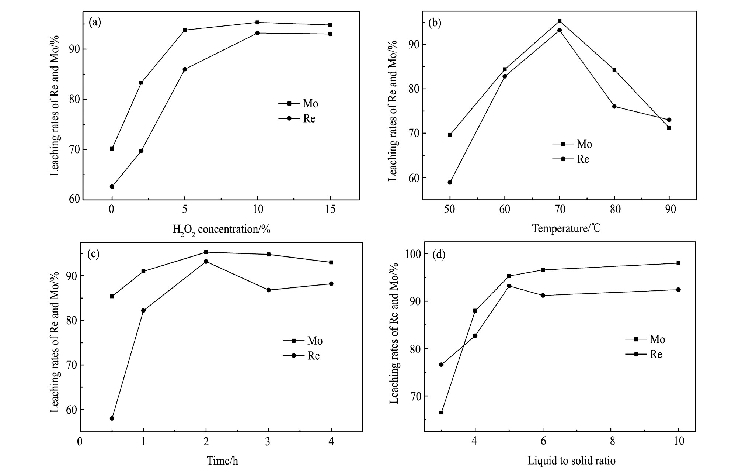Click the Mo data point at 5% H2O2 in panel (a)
pos(185,30)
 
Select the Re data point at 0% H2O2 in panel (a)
pos(112,187)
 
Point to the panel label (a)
pos(95,23)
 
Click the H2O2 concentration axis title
pos(222,229)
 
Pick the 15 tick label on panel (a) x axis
pos(331,209)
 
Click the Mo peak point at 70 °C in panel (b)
pos(560,21)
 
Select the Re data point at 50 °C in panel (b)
pos(450,182)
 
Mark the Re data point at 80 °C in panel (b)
pos(614,106)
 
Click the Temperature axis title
pos(566,228)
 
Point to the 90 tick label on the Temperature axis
pos(670,209)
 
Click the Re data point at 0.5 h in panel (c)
pos(112,418)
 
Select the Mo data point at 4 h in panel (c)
pos(331,262)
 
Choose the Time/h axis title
pos(222,461)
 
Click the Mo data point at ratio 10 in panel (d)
pos(678,263)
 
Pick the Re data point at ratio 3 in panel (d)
pos(441,365)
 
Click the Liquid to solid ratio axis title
pos(571,461)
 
